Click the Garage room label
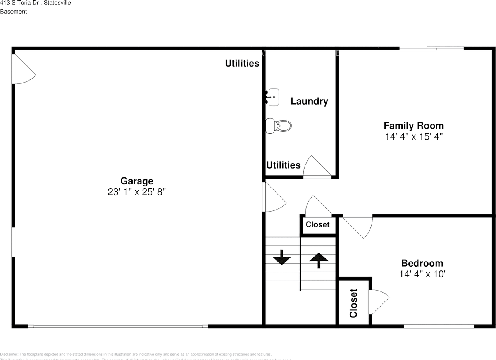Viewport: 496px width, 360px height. pyautogui.click(x=137, y=181)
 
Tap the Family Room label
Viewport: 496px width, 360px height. pyautogui.click(x=413, y=126)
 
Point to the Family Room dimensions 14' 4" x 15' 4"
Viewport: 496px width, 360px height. pyautogui.click(x=413, y=136)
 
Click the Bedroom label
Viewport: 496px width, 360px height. pyautogui.click(x=422, y=263)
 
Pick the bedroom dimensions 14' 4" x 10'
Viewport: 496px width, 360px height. pyautogui.click(x=422, y=274)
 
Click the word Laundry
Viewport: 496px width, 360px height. pyautogui.click(x=309, y=102)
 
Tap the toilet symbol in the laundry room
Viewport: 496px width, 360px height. pyautogui.click(x=279, y=126)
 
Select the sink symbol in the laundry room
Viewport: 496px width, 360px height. pyautogui.click(x=273, y=97)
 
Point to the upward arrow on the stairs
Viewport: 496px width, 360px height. pyautogui.click(x=319, y=260)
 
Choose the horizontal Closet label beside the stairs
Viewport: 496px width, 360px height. pyautogui.click(x=317, y=225)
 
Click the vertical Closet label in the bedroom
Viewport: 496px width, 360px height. pyautogui.click(x=353, y=303)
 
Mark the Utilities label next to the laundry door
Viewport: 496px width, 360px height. pyautogui.click(x=283, y=165)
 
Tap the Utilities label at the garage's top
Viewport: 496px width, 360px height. pyautogui.click(x=242, y=64)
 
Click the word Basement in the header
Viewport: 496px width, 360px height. pyautogui.click(x=14, y=12)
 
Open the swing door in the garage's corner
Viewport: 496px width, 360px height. pyautogui.click(x=23, y=70)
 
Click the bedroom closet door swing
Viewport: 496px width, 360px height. pyautogui.click(x=379, y=301)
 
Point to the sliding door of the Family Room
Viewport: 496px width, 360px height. pyautogui.click(x=432, y=48)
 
